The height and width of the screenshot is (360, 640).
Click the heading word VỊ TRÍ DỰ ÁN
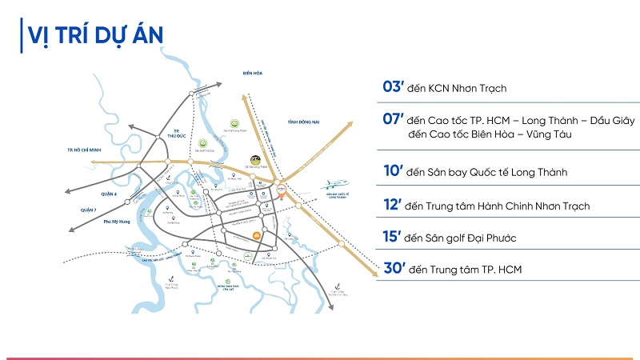[95, 35]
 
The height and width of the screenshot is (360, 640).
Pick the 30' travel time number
[394, 270]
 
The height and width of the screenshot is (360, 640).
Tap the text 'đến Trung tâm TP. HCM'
[465, 270]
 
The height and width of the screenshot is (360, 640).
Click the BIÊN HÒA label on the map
[253, 74]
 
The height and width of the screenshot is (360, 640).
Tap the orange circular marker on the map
[255, 234]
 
